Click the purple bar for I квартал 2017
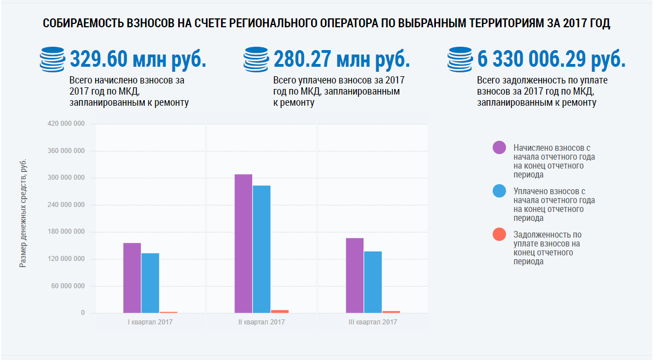[132, 278]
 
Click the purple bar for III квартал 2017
[355, 275]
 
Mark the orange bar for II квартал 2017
[280, 311]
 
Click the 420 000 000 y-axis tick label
[66, 124]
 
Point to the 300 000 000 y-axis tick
[66, 178]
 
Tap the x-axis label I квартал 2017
[150, 322]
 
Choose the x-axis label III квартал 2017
[373, 322]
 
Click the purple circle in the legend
[499, 147]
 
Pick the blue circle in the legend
[499, 191]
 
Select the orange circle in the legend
[499, 235]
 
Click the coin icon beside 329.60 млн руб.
[53, 60]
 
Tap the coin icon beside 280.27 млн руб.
[257, 60]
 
